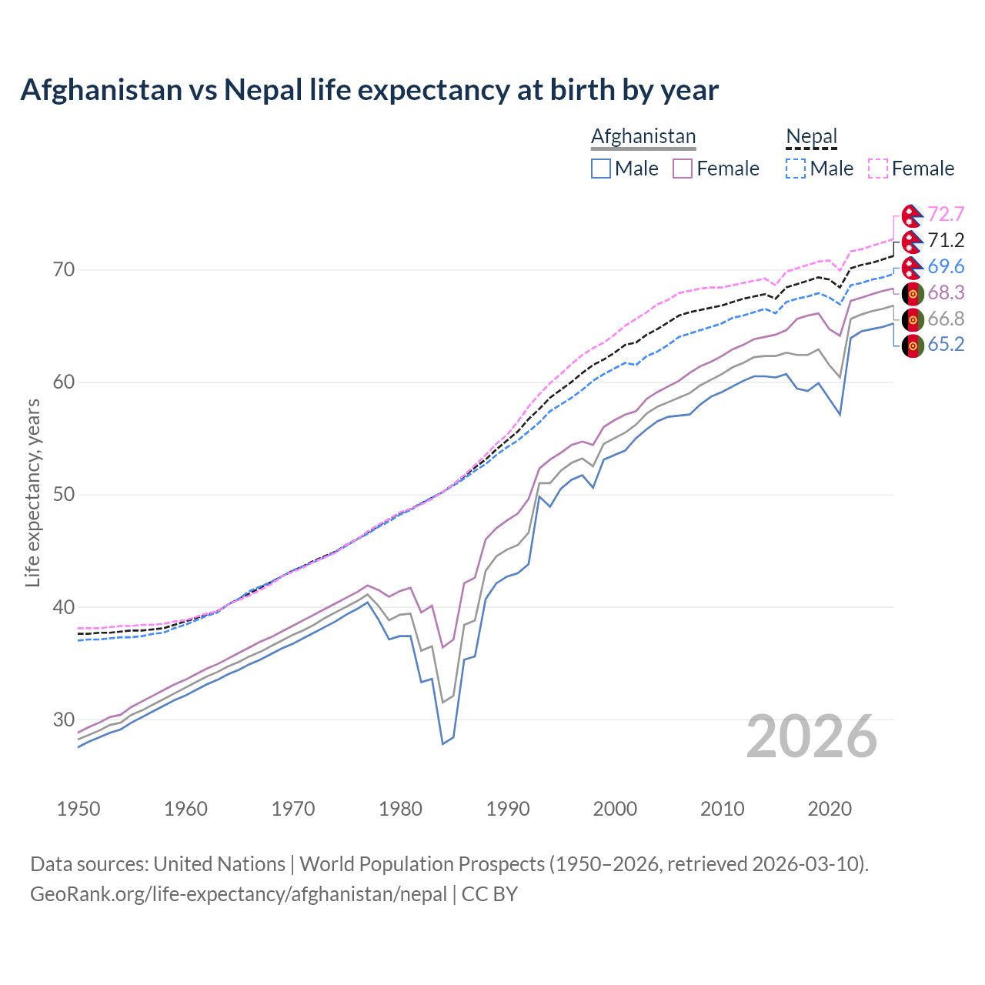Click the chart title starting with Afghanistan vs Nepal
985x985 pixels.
click(369, 90)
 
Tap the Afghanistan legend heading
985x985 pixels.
click(643, 136)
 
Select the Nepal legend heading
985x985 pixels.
click(811, 136)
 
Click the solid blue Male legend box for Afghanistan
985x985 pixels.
click(601, 169)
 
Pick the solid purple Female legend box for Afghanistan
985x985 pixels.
click(683, 169)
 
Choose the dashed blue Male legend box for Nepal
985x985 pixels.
click(796, 169)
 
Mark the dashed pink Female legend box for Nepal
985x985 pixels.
click(878, 169)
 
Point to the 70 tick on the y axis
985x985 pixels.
click(64, 269)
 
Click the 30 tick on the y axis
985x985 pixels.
click(64, 720)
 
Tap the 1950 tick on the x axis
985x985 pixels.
click(78, 809)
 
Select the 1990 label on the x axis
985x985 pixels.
click(508, 809)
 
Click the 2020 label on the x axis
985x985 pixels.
click(830, 809)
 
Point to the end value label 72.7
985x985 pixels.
click(946, 214)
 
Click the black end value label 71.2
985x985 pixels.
click(946, 240)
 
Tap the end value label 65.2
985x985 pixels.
click(946, 344)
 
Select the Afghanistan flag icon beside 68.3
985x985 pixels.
click(913, 293)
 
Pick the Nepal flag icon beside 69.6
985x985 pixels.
click(913, 267)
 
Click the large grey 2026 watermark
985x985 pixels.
click(812, 736)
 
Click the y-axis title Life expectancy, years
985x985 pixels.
click(32, 492)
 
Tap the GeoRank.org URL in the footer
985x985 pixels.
click(239, 894)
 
